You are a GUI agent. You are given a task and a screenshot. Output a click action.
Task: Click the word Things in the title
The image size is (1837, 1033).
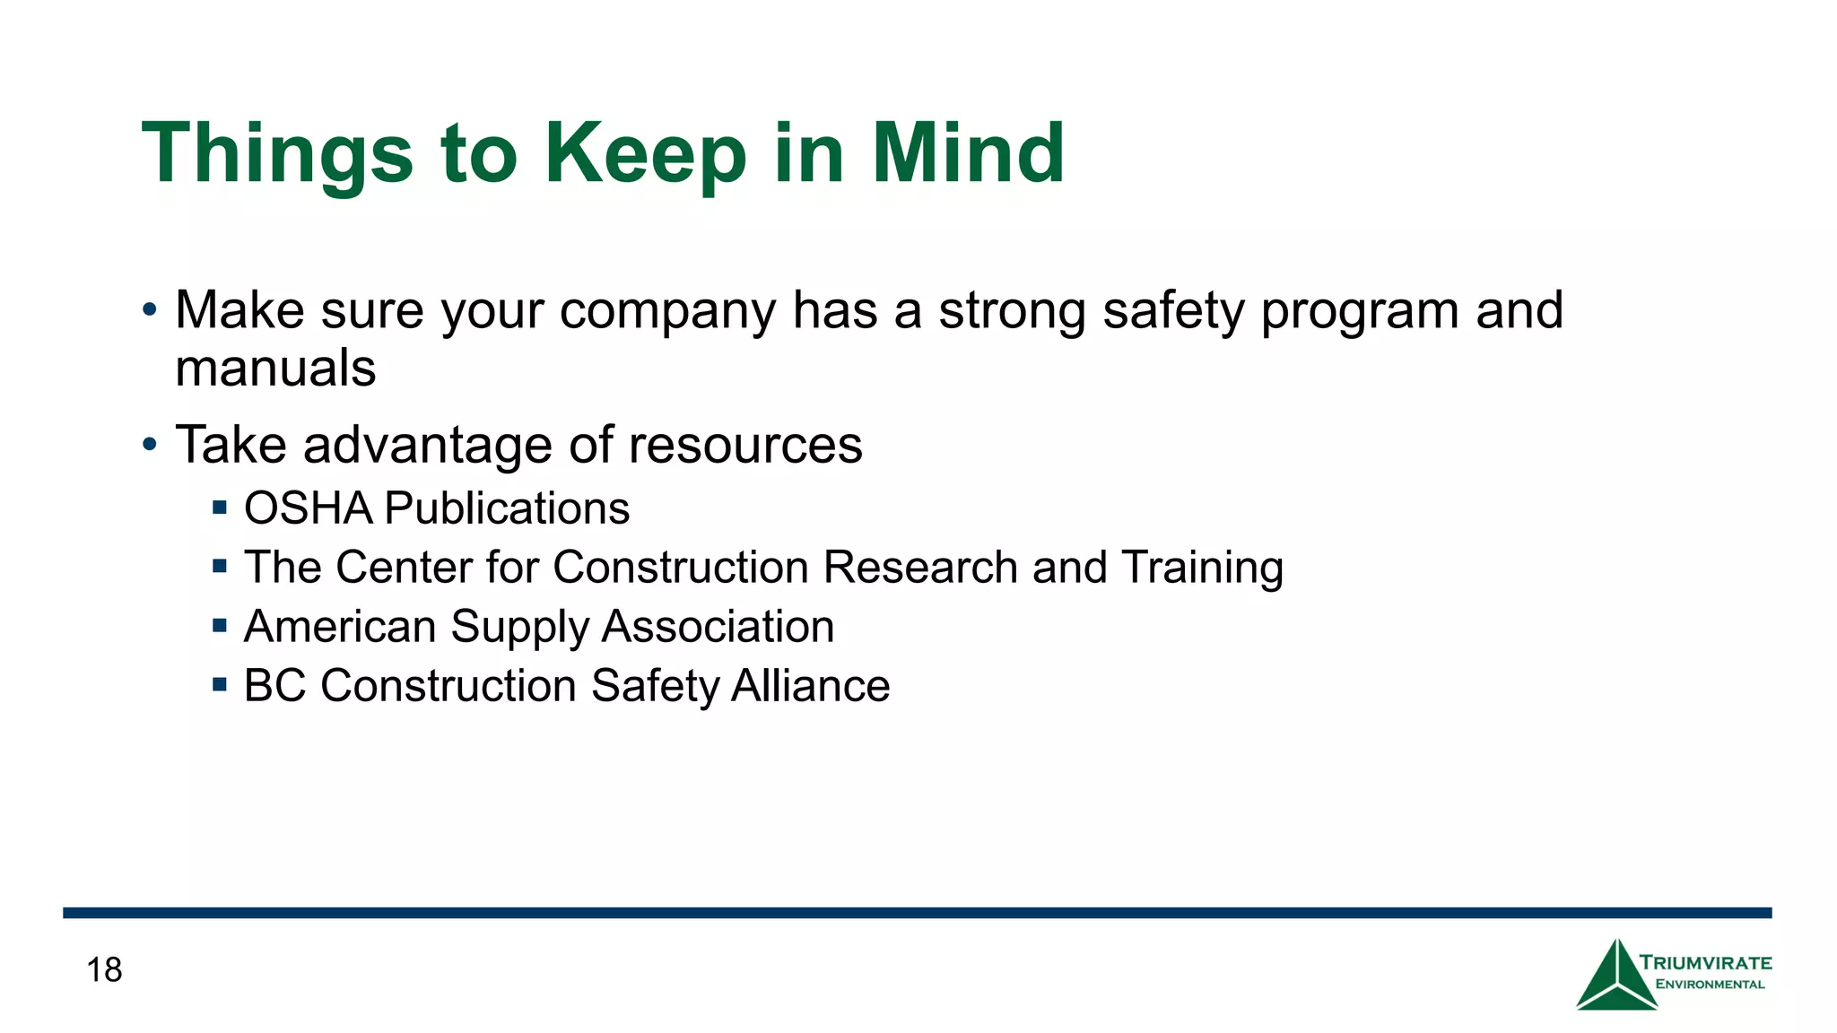tap(277, 154)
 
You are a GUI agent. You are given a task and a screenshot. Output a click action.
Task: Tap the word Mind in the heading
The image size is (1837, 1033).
tap(968, 154)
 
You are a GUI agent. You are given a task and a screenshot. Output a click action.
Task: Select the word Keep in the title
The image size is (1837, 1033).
tap(645, 154)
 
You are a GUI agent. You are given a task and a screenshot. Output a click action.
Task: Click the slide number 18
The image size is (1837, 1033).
tap(104, 970)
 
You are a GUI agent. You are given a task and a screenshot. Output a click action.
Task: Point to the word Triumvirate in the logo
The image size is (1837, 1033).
tap(1705, 963)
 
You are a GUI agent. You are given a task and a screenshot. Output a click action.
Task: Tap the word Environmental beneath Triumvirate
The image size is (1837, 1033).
tap(1710, 985)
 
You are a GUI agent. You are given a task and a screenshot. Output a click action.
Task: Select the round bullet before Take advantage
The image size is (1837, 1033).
tap(150, 445)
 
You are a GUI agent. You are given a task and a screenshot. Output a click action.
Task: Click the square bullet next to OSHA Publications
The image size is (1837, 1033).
tap(220, 508)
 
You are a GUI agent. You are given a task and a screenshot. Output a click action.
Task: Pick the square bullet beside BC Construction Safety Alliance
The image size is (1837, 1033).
tap(220, 685)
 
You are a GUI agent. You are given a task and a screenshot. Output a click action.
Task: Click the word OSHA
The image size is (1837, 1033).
tap(308, 508)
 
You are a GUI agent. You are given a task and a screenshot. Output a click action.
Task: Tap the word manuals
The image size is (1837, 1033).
tap(275, 369)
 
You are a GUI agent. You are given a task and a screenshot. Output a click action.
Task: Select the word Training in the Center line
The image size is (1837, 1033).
tap(1202, 568)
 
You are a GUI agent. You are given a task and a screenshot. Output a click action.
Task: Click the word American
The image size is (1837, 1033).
tap(339, 627)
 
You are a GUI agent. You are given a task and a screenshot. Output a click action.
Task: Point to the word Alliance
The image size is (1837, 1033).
tap(810, 686)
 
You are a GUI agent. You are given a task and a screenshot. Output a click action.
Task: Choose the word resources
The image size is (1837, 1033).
tap(744, 445)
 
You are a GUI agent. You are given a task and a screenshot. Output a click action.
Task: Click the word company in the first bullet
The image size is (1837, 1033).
tap(667, 311)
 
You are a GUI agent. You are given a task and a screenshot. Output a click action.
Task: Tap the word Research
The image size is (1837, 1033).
tap(919, 568)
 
